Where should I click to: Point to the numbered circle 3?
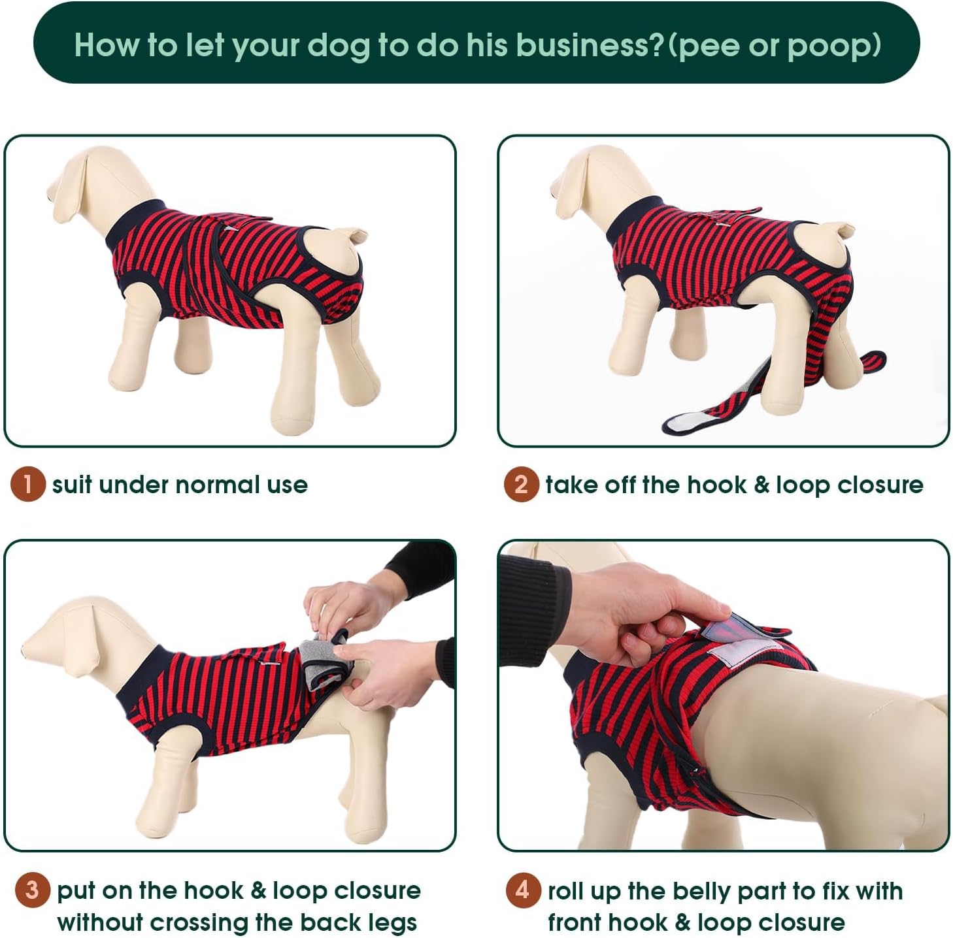32,890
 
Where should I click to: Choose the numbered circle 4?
523,890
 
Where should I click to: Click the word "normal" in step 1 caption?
218,485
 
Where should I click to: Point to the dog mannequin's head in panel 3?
74,638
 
